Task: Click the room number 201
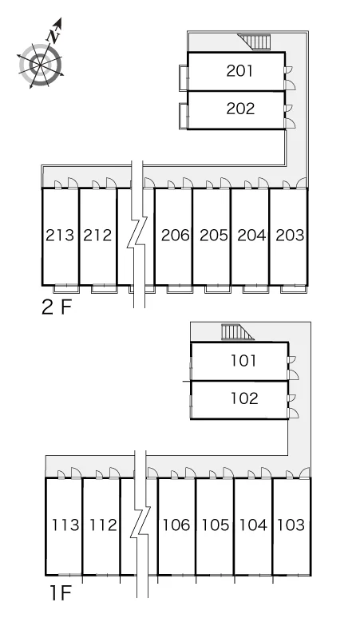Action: [x=239, y=71]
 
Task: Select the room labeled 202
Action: [x=240, y=109]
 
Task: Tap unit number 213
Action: [x=60, y=236]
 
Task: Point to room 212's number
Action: [x=97, y=236]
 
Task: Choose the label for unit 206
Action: [x=176, y=236]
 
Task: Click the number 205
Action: [x=214, y=236]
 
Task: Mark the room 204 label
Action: [x=251, y=236]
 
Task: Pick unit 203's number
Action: [x=291, y=236]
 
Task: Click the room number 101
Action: [x=243, y=361]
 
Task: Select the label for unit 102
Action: [x=244, y=398]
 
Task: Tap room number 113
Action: [x=65, y=525]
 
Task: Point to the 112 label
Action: [x=104, y=525]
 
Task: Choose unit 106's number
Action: [x=177, y=525]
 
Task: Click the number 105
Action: [x=216, y=525]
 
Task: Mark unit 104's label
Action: [x=253, y=525]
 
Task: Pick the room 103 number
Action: [x=291, y=525]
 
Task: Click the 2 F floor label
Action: [x=57, y=307]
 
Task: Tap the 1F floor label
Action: [x=60, y=593]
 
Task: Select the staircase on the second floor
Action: [x=255, y=42]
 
